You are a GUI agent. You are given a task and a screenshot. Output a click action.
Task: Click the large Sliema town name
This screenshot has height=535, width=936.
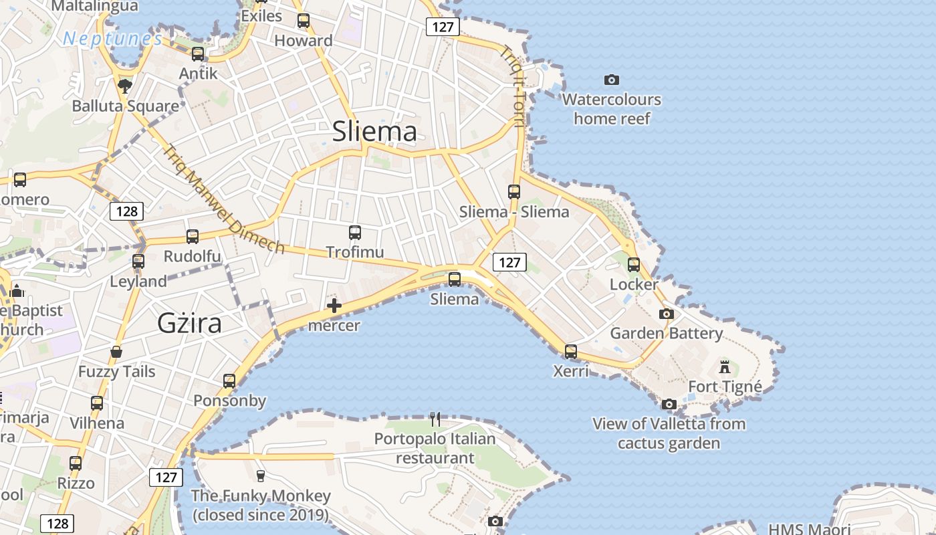tap(374, 131)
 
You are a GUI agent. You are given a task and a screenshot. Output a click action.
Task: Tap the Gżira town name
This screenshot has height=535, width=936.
tap(189, 323)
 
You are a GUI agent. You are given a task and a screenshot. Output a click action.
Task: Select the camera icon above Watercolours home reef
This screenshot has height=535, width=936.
tap(612, 80)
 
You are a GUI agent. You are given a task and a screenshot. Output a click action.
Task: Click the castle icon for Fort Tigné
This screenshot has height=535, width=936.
tap(725, 366)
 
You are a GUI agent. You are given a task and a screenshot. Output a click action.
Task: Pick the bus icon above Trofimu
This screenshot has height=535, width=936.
tap(355, 233)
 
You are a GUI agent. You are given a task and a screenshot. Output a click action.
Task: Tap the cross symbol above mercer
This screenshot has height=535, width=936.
tap(334, 306)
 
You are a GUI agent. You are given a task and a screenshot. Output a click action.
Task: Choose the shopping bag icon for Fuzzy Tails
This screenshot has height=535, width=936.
tap(116, 352)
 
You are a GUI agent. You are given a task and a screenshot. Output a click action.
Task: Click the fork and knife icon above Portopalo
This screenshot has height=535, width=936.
tap(435, 419)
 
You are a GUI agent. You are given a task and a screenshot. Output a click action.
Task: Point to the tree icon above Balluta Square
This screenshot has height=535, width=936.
tap(124, 86)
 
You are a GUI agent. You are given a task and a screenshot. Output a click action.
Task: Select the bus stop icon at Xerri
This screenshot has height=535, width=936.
tap(571, 351)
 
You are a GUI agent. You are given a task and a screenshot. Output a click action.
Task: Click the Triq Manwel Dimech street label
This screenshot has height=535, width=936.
tap(223, 199)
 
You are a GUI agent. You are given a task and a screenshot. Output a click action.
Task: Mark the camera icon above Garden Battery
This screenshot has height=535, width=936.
tap(667, 314)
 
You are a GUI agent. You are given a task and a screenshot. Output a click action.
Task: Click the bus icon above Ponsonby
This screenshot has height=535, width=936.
tap(229, 381)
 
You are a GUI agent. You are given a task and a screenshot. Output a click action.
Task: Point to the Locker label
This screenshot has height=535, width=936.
tap(634, 285)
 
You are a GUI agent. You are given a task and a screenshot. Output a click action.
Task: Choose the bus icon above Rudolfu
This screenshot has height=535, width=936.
tap(193, 236)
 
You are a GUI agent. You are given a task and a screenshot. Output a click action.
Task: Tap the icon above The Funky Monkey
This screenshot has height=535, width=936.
tap(261, 476)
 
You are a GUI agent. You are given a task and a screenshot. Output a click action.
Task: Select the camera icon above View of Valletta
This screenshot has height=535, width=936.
tap(669, 404)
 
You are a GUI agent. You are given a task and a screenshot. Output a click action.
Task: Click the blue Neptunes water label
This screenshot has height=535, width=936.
tap(112, 39)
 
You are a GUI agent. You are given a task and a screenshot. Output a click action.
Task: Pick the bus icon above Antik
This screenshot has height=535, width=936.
tap(198, 54)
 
